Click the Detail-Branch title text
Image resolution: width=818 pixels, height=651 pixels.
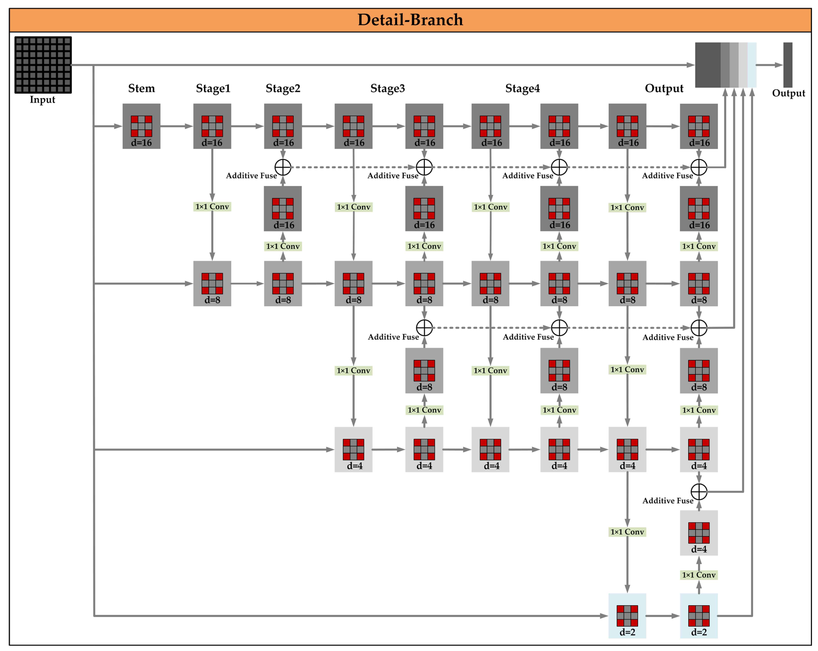tap(410, 20)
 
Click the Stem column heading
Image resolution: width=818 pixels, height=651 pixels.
tap(141, 88)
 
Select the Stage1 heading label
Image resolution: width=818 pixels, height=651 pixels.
tap(213, 88)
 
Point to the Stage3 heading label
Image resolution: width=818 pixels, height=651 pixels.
tap(387, 88)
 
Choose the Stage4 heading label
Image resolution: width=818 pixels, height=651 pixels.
tap(522, 88)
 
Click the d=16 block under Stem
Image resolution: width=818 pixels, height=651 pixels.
tap(141, 126)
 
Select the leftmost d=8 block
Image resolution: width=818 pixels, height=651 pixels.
tap(212, 283)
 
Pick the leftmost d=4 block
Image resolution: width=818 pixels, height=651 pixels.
tap(353, 450)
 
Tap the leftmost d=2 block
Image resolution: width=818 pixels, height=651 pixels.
tap(627, 616)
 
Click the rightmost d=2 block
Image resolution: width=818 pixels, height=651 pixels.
tap(698, 616)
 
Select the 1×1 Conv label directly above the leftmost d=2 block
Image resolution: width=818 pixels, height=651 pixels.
tap(627, 532)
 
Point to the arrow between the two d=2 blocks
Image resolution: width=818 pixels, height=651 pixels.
tap(663, 616)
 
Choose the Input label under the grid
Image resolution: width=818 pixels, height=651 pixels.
tap(42, 100)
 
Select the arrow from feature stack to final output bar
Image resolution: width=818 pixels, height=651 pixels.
tap(770, 65)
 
